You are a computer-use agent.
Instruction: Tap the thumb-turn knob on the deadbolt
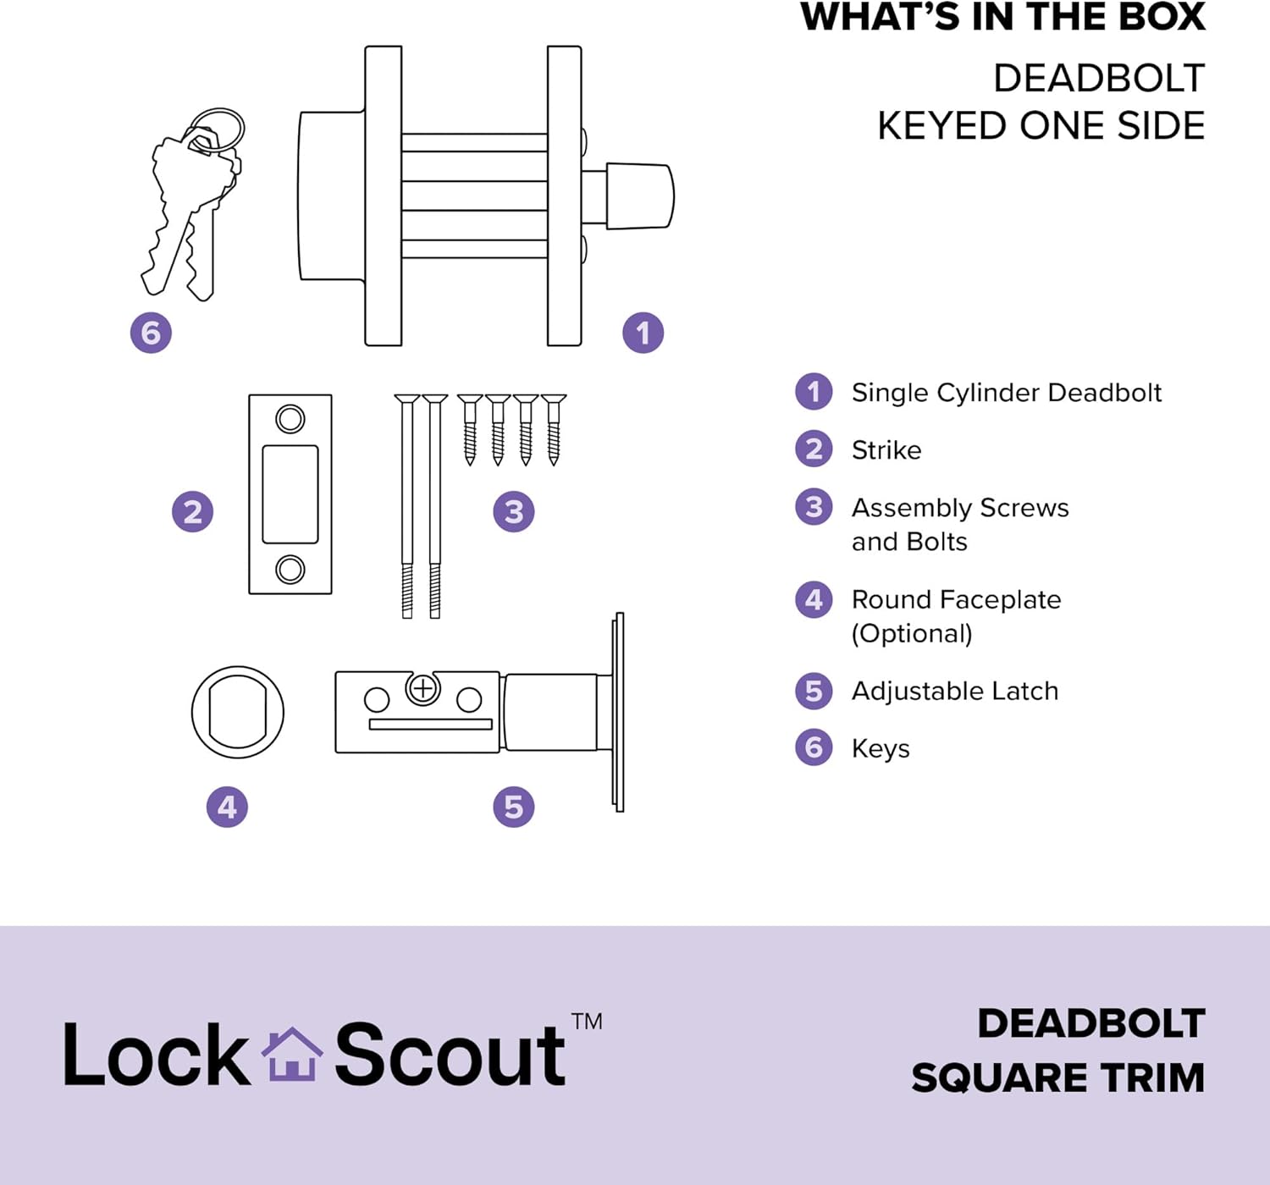click(x=639, y=196)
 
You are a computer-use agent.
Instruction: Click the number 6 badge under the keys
click(x=151, y=333)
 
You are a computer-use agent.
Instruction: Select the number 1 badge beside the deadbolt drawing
click(x=643, y=333)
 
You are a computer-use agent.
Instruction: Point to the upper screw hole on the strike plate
click(x=290, y=419)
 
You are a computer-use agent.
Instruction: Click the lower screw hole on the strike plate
click(x=290, y=569)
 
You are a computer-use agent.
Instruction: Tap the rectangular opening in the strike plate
click(x=290, y=494)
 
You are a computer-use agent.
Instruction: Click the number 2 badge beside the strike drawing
click(x=192, y=511)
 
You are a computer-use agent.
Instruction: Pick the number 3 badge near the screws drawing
click(x=513, y=511)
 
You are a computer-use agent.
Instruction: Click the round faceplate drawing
click(x=194, y=712)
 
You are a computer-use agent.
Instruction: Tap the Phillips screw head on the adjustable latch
click(x=422, y=689)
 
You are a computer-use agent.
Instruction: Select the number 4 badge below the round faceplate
click(x=227, y=807)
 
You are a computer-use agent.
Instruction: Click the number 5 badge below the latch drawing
click(x=513, y=807)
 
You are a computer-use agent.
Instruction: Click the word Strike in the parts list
click(x=886, y=450)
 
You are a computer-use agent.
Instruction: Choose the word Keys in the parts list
click(x=881, y=748)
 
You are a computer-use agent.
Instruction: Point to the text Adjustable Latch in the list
click(x=955, y=692)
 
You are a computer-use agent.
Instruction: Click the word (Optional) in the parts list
click(x=912, y=634)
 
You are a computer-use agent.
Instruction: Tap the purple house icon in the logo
click(x=291, y=1055)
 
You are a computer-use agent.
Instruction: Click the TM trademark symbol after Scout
click(x=587, y=1022)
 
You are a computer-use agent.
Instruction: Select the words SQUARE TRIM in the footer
click(x=1058, y=1078)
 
